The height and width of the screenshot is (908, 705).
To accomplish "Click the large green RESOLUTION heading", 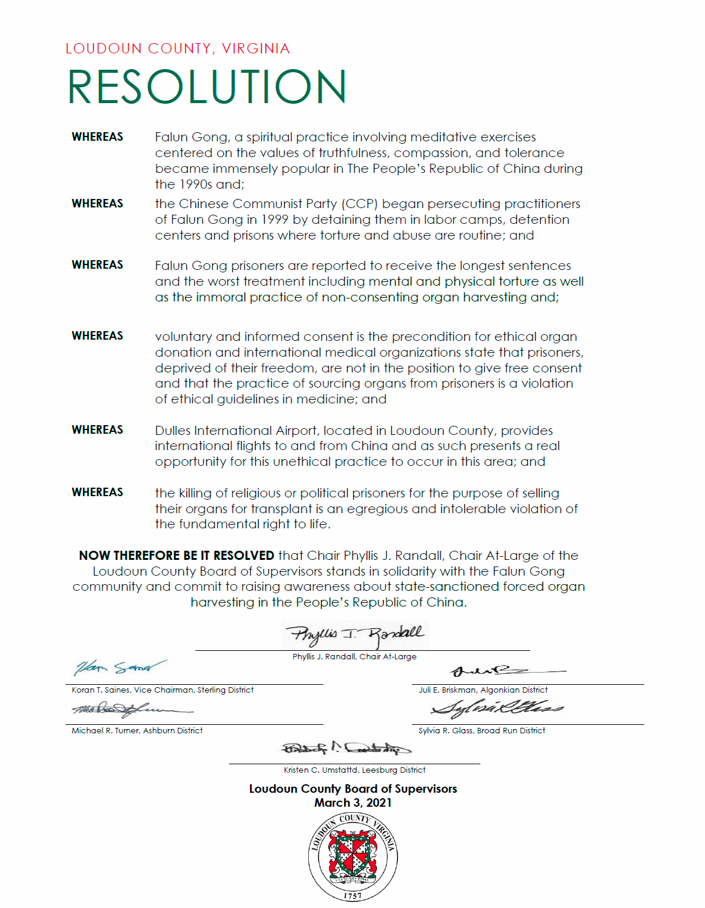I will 207,87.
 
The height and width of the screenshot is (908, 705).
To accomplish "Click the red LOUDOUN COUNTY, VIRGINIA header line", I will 178,49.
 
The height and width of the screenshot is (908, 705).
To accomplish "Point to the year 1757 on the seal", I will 352,895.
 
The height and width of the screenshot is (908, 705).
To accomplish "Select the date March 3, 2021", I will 352,802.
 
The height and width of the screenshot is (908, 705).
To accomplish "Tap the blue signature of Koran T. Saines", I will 119,667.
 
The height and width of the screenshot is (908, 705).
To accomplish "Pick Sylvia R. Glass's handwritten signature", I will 497,707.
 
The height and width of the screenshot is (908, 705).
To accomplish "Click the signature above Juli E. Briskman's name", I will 507,671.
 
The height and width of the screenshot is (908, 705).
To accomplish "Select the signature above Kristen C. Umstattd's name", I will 346,748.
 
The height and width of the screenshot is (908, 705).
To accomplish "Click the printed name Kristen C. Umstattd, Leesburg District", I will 354,770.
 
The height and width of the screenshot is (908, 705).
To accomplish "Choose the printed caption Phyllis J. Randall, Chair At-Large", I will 354,656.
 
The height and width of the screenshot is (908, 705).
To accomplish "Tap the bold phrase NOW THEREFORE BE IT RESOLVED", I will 177,556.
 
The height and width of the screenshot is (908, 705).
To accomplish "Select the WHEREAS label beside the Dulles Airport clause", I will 97,430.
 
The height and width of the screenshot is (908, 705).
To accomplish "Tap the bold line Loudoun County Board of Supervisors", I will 352,789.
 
